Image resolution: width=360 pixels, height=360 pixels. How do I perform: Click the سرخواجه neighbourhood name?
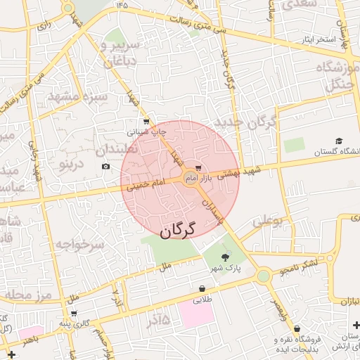(x=79, y=245)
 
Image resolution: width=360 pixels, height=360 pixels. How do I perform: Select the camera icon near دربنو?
(x=105, y=167)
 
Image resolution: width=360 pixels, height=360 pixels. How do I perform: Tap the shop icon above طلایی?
(x=202, y=288)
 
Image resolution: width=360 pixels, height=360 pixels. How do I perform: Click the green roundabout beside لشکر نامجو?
(x=263, y=276)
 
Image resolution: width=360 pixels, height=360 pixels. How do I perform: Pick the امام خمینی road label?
(x=147, y=185)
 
